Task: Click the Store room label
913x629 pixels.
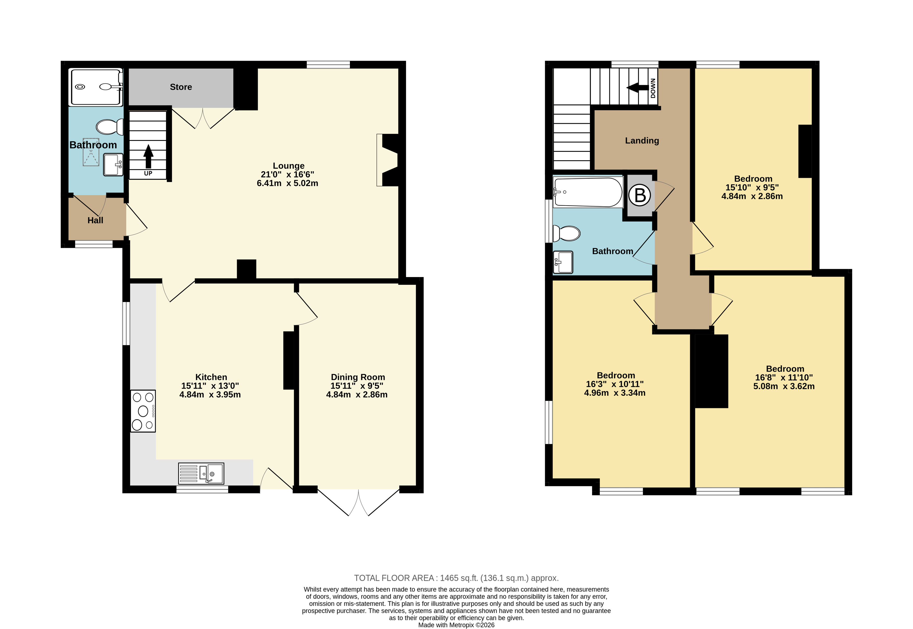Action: coord(181,87)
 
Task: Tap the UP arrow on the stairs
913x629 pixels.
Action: coord(148,156)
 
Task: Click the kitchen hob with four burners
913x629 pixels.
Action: coord(143,411)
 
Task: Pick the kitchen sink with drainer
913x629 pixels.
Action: coord(201,473)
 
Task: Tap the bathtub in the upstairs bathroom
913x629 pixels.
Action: coord(588,192)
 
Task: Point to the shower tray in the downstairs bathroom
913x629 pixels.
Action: coord(96,87)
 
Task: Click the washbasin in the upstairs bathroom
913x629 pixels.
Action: coord(563,262)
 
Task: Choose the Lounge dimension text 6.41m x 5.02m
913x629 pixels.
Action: coord(288,183)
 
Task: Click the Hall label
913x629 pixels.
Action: coord(95,220)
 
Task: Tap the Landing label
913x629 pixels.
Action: coord(642,141)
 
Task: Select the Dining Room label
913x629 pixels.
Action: coord(358,377)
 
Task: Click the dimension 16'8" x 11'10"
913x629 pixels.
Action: coord(784,378)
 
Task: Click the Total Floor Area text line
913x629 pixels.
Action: coord(456,578)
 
